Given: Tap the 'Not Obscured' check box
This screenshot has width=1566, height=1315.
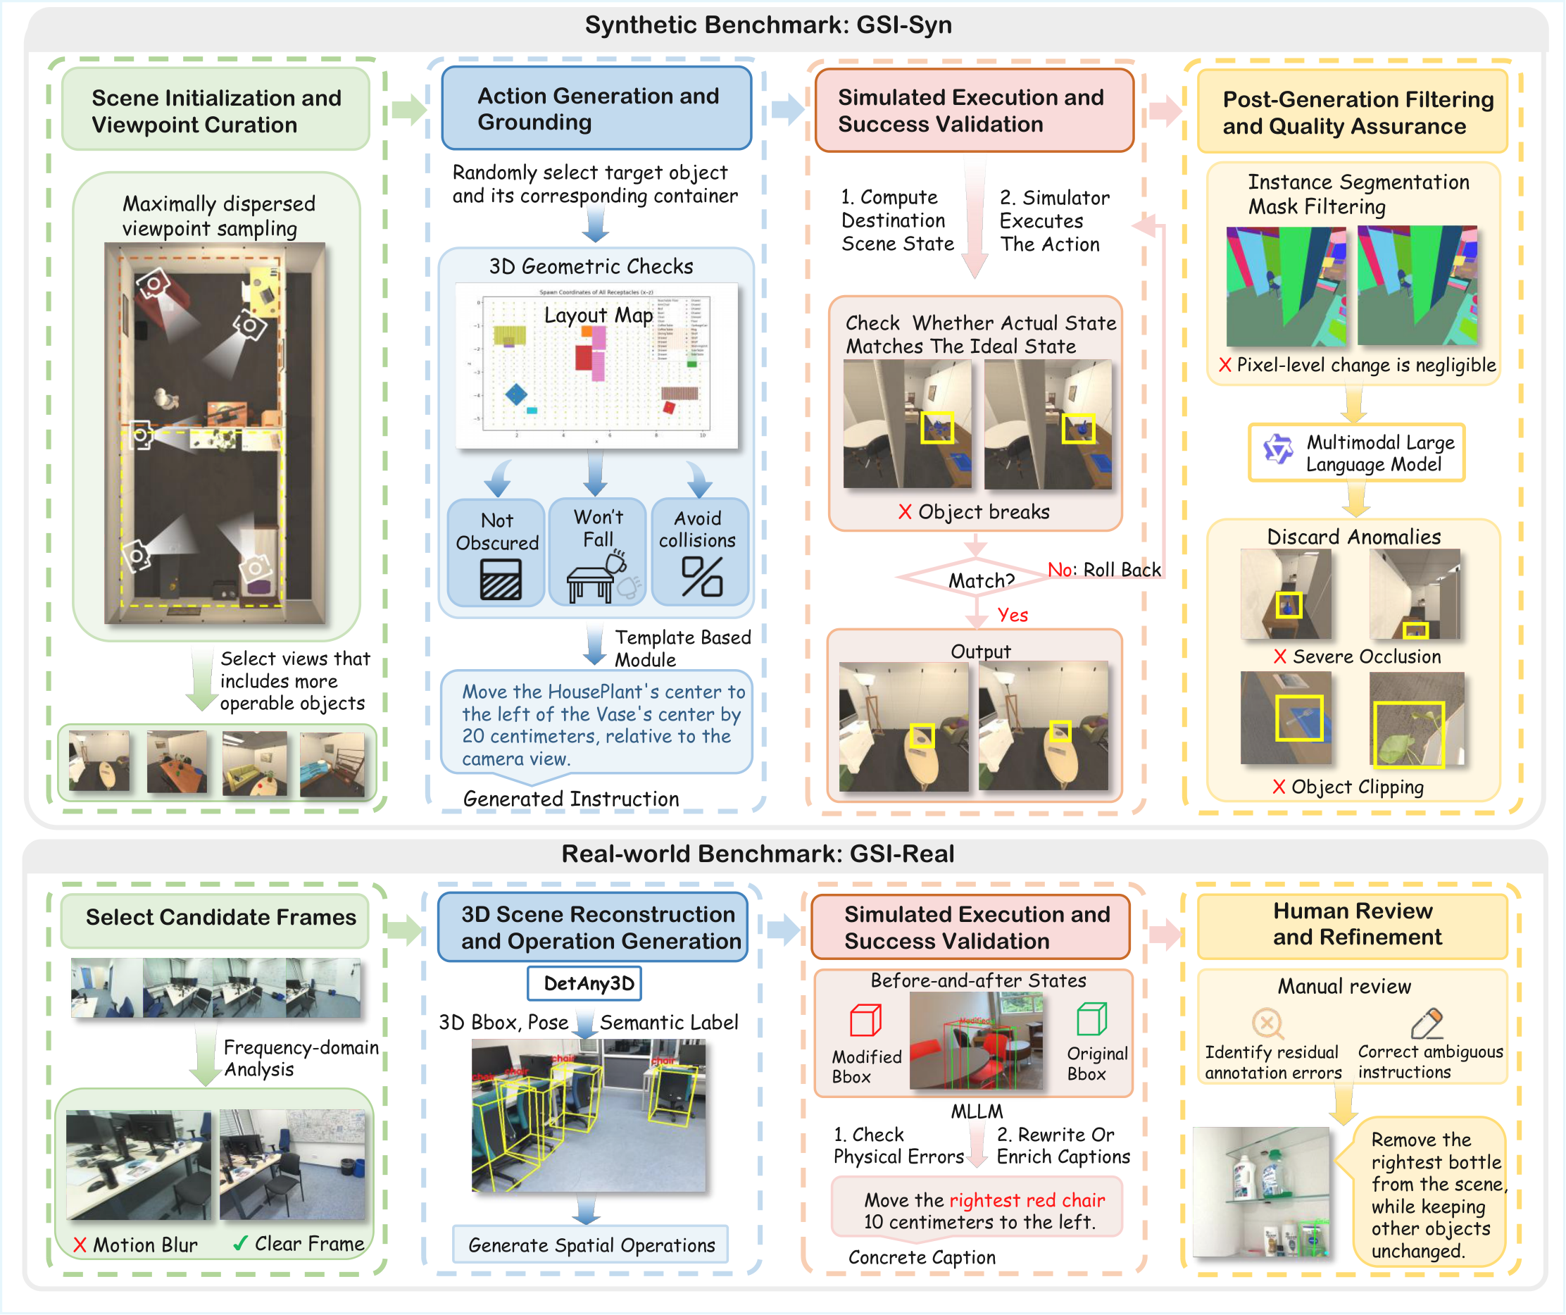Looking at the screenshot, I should (496, 552).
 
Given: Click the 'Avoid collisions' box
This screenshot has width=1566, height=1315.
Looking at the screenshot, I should (698, 552).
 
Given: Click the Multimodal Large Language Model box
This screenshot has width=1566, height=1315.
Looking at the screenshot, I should (1355, 453).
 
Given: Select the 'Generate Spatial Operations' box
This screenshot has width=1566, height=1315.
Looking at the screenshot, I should (591, 1244).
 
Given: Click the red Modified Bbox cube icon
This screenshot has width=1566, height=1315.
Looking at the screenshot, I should (865, 1020).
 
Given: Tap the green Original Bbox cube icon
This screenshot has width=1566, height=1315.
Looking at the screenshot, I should (1091, 1018).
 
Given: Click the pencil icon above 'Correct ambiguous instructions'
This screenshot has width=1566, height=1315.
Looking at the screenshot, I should (1426, 1023).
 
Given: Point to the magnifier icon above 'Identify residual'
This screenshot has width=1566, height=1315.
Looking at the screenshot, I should (1267, 1023).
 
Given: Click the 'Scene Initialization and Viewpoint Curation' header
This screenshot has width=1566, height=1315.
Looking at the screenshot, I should (215, 111).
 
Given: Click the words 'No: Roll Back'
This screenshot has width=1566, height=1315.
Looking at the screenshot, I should (1103, 570).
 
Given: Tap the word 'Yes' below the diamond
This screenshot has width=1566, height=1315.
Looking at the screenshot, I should (1012, 615).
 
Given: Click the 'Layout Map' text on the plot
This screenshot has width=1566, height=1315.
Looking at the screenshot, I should (598, 315).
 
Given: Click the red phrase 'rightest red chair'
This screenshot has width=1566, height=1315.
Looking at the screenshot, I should (1026, 1199).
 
